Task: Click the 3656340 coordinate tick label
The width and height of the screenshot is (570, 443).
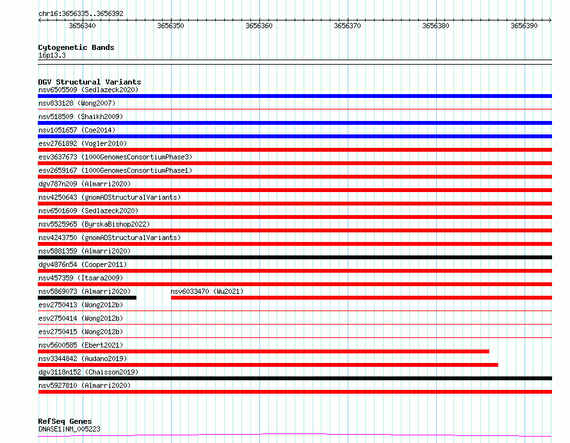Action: point(82,26)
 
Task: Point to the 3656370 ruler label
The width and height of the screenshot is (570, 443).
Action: point(347,26)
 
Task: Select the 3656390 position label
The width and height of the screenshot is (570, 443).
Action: point(524,26)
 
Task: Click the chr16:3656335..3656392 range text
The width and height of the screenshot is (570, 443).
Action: point(81,14)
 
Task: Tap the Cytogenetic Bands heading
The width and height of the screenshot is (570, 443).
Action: point(76,47)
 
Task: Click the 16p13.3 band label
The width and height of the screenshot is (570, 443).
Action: point(52,55)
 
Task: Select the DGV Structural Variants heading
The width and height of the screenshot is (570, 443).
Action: point(90,82)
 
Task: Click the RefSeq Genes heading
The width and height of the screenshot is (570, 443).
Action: point(65,421)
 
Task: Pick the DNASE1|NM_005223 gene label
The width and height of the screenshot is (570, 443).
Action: point(69,429)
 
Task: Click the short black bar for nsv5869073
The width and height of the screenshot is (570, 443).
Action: point(87,298)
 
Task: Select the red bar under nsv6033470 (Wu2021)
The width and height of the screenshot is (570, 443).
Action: point(361,298)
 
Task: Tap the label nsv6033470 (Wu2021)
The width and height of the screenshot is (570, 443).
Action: point(207,291)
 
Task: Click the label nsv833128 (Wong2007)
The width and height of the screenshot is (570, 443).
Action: point(77,103)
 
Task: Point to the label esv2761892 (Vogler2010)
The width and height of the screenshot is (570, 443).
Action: point(83,143)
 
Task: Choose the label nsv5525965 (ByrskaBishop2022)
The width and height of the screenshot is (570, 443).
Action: point(94,224)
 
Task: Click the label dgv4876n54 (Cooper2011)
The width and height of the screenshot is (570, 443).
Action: point(83,264)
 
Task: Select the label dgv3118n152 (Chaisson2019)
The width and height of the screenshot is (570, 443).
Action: point(88,372)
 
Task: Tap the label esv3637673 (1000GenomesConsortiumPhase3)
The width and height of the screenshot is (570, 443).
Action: point(115,157)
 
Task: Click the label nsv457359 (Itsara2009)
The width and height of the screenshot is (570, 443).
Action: point(81,278)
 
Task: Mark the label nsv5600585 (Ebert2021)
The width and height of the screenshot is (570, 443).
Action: point(81,345)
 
